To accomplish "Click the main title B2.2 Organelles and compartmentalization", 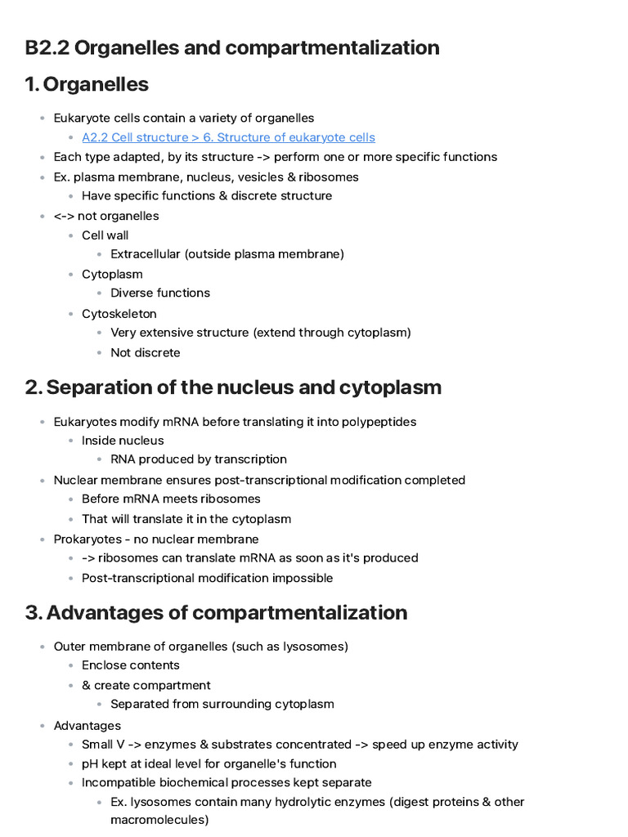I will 232,47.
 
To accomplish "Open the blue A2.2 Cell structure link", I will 228,137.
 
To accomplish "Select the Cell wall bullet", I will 105,235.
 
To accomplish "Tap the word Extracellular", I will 146,254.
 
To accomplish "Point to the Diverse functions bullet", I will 160,293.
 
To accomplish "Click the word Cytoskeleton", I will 119,314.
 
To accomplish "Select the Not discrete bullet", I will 146,353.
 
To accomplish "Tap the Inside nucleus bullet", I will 123,441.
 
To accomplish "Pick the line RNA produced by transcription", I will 199,459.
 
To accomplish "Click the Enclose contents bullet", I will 131,665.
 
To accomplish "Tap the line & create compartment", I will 146,685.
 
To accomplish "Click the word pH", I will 90,763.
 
